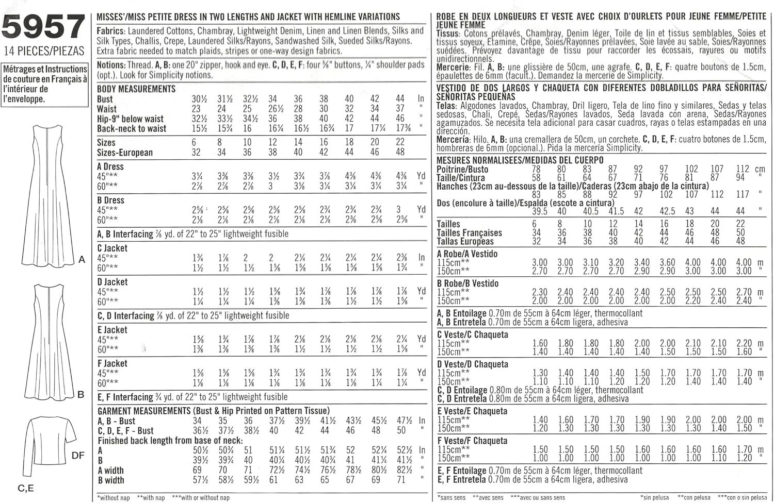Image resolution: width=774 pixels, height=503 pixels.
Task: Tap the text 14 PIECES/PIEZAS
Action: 44,51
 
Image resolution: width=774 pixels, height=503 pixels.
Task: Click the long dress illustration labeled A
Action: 47,196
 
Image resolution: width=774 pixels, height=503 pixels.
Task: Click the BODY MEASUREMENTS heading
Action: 136,89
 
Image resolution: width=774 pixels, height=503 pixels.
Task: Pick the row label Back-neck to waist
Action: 132,129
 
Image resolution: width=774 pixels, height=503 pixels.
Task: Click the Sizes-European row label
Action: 125,153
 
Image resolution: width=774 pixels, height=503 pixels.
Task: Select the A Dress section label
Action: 110,166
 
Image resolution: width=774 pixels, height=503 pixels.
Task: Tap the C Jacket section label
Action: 112,248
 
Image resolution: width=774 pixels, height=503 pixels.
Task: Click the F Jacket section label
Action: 112,363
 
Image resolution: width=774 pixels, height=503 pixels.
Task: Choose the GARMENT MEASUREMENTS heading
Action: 144,411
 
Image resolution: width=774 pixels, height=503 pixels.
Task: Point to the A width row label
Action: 110,470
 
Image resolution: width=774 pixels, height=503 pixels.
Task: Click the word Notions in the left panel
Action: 110,65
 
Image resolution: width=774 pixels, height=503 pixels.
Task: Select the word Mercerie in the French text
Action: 453,68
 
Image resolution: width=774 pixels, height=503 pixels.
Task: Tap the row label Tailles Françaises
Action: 469,232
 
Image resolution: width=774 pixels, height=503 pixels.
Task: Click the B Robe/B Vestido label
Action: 468,283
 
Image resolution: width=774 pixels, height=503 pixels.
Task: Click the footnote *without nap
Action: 114,498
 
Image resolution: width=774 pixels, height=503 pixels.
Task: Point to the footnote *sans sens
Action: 451,498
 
